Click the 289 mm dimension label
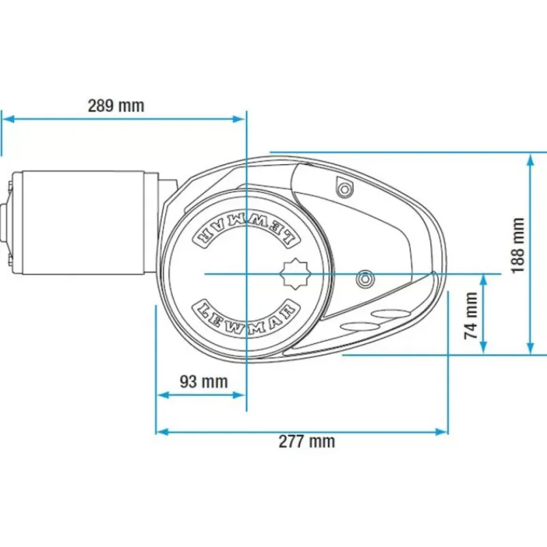(116, 106)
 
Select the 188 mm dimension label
(518, 245)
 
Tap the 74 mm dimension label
(471, 316)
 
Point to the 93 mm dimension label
(204, 382)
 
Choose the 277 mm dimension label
(306, 442)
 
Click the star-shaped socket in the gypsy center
(295, 274)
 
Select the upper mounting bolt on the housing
(345, 189)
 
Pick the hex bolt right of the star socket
(364, 279)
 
